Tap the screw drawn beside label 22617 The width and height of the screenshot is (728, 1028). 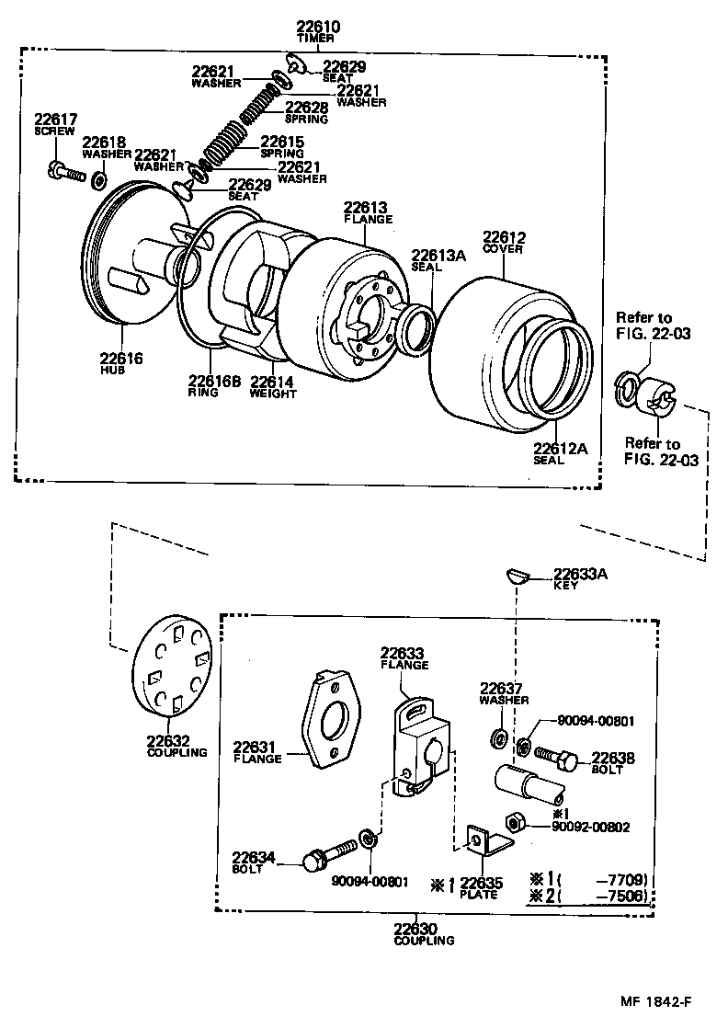tap(62, 171)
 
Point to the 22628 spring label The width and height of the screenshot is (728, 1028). tap(306, 108)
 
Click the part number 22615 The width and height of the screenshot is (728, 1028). tap(281, 142)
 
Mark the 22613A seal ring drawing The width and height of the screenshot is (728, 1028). tap(415, 327)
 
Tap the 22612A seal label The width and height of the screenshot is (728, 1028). tap(560, 449)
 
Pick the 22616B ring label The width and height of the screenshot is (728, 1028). tap(214, 381)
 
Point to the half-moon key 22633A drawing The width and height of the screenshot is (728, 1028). tap(518, 577)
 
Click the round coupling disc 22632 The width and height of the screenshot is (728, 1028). tap(171, 668)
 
